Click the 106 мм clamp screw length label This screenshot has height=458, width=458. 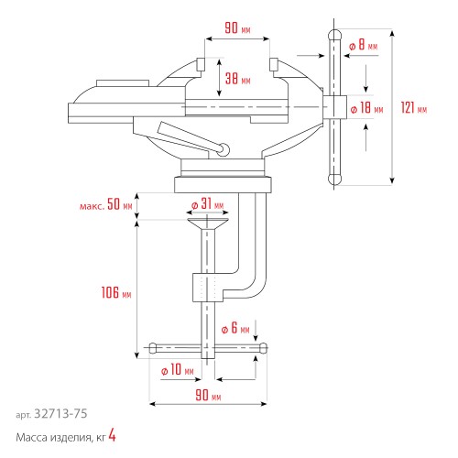point(115,294)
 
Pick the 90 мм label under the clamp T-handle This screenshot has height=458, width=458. point(207,397)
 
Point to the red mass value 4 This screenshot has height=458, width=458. point(112,438)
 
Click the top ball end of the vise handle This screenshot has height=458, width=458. point(335,36)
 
